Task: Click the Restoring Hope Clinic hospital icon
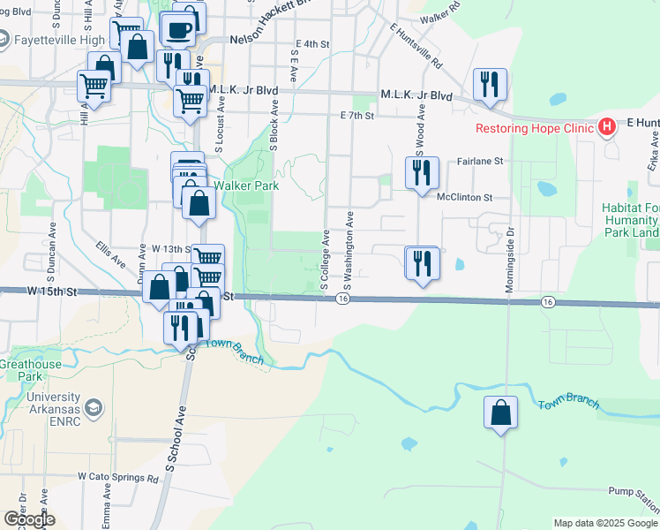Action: [x=606, y=127]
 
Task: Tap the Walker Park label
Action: [x=246, y=186]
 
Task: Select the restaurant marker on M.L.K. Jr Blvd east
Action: [x=490, y=85]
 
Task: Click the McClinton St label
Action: [x=464, y=198]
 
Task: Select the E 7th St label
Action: [x=357, y=116]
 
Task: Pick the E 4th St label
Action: [x=314, y=43]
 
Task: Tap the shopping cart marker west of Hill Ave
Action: [x=93, y=86]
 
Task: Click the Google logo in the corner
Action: [x=29, y=519]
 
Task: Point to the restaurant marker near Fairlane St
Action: [x=422, y=172]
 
